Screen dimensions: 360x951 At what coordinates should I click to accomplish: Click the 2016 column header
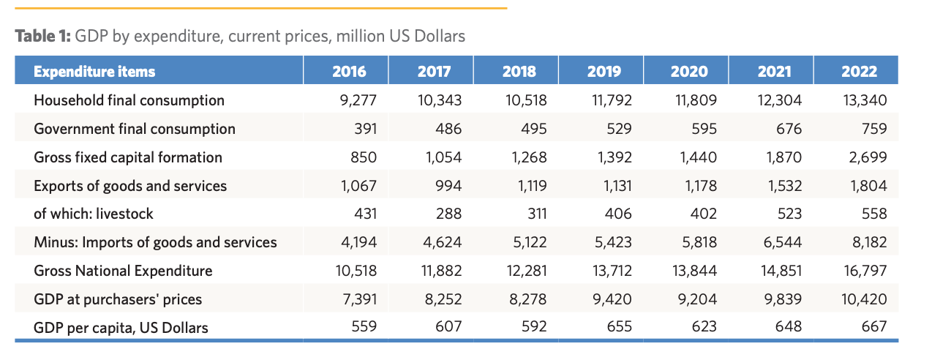click(349, 71)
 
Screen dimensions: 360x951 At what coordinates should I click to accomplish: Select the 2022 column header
click(859, 71)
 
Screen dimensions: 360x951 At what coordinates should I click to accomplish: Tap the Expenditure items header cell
click(94, 71)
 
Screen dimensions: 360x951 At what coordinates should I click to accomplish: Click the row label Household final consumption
click(129, 100)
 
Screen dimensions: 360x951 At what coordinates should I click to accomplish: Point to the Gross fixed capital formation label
click(128, 157)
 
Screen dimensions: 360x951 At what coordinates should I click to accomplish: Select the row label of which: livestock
click(94, 214)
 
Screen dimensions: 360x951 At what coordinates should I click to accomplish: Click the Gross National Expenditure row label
click(123, 271)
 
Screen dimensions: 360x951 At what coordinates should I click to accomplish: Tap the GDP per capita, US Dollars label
click(121, 328)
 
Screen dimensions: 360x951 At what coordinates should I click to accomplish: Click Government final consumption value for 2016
click(364, 129)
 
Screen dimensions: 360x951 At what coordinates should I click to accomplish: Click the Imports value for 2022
click(868, 242)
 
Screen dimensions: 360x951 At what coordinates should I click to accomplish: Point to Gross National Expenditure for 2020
click(694, 271)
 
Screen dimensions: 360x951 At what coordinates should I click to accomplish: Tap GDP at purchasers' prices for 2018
click(526, 299)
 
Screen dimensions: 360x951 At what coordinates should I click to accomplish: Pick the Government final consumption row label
click(135, 129)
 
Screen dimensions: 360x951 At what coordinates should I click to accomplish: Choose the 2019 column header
click(604, 71)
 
